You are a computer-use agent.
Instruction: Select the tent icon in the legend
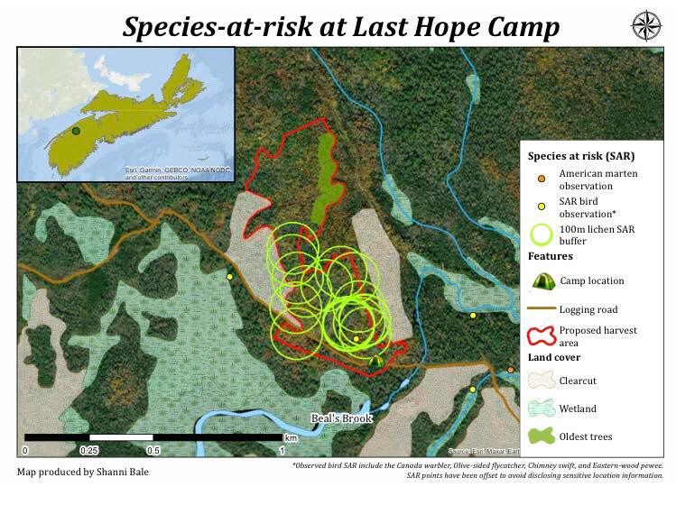[x=542, y=280]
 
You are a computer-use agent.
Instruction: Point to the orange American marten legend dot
[x=540, y=173]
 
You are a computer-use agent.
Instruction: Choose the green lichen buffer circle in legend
[x=542, y=235]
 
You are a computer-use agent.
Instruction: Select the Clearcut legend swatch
[x=542, y=381]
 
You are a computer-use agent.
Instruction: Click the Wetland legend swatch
[x=542, y=409]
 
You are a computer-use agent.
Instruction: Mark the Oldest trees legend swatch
[x=542, y=436]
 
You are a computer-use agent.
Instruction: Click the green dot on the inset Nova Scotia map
[x=76, y=131]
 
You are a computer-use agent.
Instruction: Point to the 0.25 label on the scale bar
[x=88, y=450]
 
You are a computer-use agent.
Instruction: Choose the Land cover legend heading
[x=554, y=358]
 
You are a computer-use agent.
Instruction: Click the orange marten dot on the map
[x=511, y=370]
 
